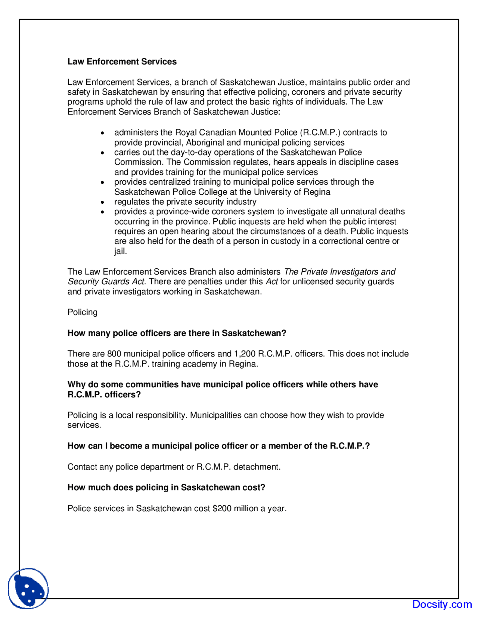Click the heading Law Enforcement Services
(x=122, y=62)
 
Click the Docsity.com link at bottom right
(x=442, y=604)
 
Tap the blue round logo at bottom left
(x=28, y=588)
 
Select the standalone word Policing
(x=83, y=312)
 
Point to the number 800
(x=114, y=354)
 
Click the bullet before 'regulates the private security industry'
(x=102, y=202)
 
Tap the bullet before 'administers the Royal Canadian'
(x=102, y=133)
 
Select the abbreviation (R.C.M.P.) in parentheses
(x=320, y=132)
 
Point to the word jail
(x=120, y=251)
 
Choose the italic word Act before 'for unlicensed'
(x=271, y=282)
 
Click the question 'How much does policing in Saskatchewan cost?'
(x=166, y=487)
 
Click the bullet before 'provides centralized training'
(x=102, y=182)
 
